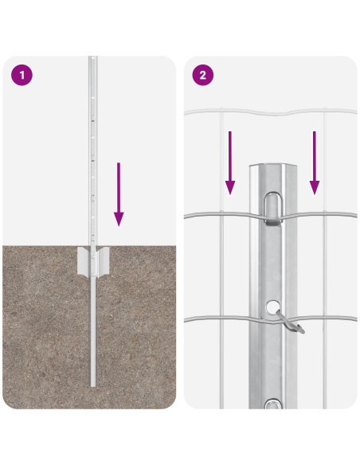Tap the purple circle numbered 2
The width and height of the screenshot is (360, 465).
[x=202, y=76]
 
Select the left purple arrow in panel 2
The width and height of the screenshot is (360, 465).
[x=230, y=162]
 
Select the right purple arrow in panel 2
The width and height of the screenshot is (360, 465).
[x=315, y=162]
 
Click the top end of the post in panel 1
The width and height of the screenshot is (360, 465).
[x=92, y=59]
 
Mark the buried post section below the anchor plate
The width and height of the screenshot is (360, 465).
[x=93, y=334]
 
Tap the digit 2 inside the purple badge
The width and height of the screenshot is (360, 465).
[x=202, y=76]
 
